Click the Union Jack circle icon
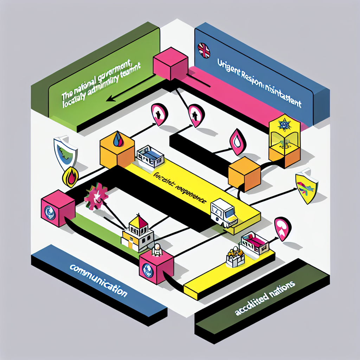pos(204,50)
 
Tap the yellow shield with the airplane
pos(307,186)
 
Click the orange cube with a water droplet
pos(117,150)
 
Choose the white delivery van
pos(223,213)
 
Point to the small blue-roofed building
pos(150,156)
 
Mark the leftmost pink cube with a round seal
pos(58,208)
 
